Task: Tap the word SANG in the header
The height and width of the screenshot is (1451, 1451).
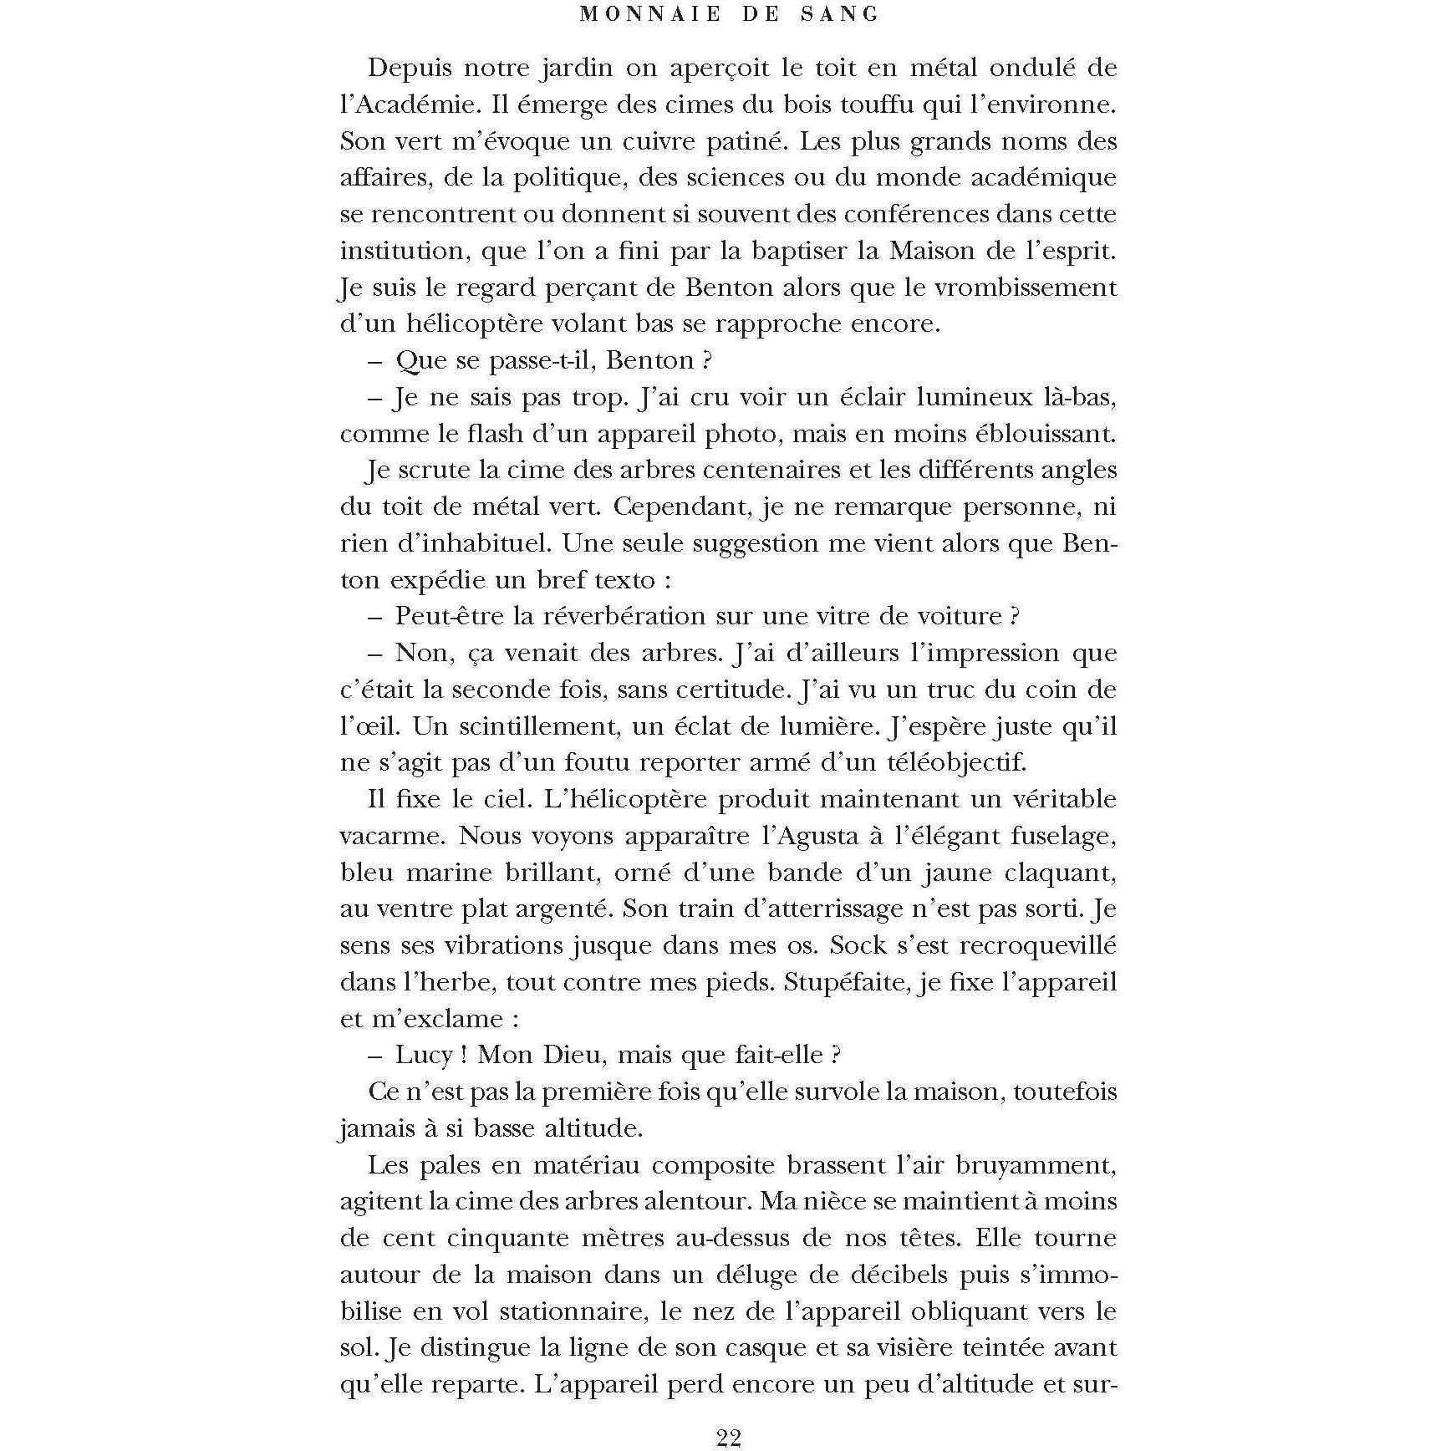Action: click(844, 14)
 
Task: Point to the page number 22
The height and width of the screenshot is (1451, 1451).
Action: click(729, 1437)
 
